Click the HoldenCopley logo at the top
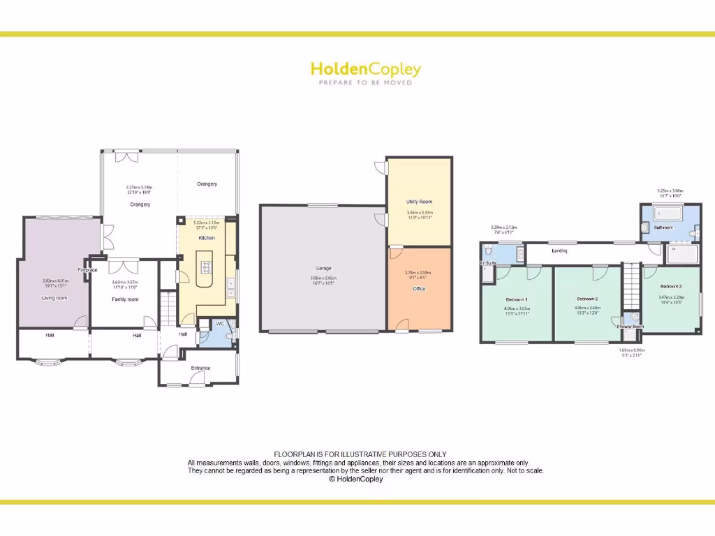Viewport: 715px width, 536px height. [x=365, y=69]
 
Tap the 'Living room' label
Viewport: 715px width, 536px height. [x=54, y=298]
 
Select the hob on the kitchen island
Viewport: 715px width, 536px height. [x=207, y=266]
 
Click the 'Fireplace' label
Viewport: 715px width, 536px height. [x=87, y=269]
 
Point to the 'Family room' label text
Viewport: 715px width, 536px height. [x=126, y=299]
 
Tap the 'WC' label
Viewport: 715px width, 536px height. [x=219, y=324]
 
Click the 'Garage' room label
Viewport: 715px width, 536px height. [x=323, y=268]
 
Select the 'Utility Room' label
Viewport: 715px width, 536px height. [x=420, y=202]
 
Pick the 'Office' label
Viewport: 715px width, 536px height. [x=419, y=288]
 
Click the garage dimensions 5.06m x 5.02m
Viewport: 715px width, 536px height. [x=323, y=278]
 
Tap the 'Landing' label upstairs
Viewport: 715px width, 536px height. [x=559, y=251]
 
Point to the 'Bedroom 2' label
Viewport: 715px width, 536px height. [x=587, y=299]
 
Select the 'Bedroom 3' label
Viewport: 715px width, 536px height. [x=671, y=286]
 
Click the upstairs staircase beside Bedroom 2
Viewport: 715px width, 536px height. [x=631, y=286]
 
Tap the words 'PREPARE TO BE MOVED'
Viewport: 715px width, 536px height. [x=365, y=82]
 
